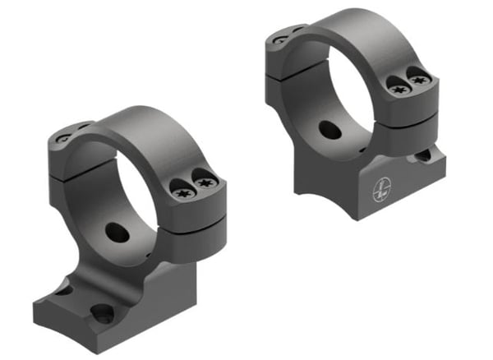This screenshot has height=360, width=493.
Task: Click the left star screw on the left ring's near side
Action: [x=182, y=191]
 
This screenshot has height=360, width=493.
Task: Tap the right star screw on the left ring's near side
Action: [x=205, y=181]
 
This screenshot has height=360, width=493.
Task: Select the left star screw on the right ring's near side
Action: [x=398, y=90]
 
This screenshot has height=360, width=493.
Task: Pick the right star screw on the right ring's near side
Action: [x=420, y=80]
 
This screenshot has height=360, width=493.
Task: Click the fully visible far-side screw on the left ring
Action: [x=64, y=139]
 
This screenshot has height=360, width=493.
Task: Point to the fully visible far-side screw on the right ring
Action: [x=281, y=39]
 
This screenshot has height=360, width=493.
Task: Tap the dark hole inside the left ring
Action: [x=117, y=233]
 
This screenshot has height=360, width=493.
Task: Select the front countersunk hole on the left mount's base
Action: [x=102, y=313]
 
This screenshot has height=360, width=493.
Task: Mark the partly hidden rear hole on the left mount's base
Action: [x=62, y=288]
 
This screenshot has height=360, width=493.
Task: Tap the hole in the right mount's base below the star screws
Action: [x=424, y=154]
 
